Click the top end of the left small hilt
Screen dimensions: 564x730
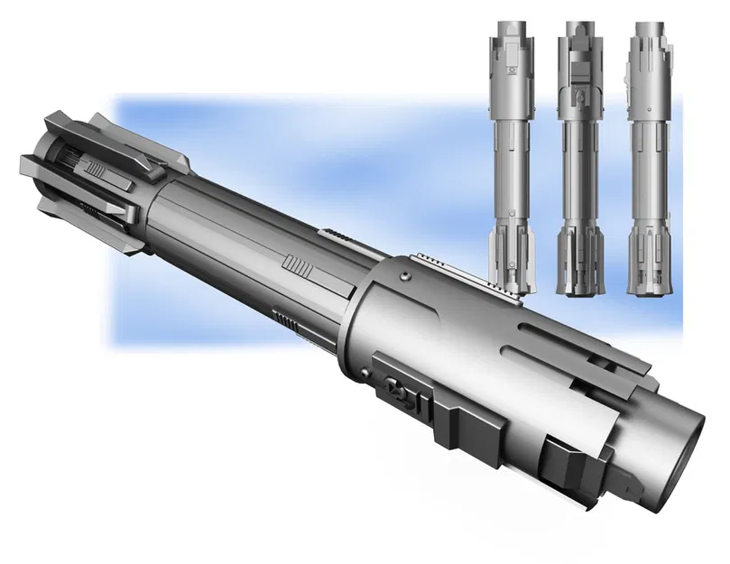click(x=511, y=23)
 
